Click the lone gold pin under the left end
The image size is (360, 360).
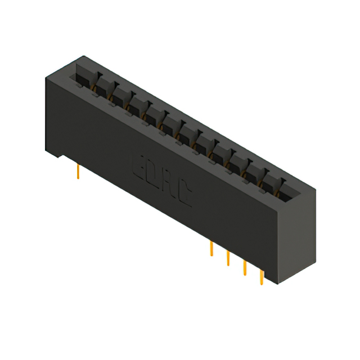78,172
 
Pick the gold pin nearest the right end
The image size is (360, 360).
261,278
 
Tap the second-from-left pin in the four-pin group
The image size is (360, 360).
228,258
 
